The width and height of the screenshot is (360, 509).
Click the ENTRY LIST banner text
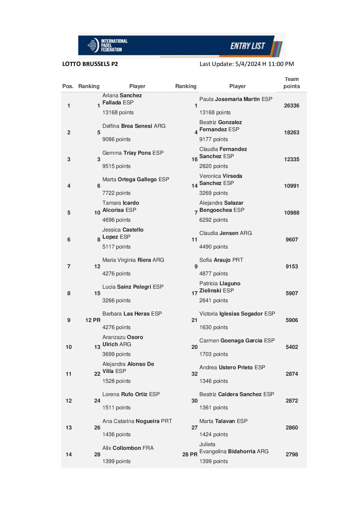pos(247,46)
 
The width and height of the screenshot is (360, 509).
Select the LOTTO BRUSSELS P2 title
pos(90,64)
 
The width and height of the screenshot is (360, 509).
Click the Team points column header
pos(292,83)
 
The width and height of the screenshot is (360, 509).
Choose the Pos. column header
pos(68,86)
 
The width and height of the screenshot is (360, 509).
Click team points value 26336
pos(292,106)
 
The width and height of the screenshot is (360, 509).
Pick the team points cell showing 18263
pos(292,133)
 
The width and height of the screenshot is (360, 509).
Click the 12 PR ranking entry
pos(93,320)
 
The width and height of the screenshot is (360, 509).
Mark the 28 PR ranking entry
pos(190,455)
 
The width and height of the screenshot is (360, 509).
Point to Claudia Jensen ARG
pos(226,233)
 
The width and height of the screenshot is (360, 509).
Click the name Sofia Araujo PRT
pos(221,260)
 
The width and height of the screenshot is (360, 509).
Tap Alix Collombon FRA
pos(128,448)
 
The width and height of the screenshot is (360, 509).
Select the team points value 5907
pos(292,293)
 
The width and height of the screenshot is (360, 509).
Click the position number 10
pos(69,347)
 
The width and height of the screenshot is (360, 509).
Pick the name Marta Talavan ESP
pos(223,421)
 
